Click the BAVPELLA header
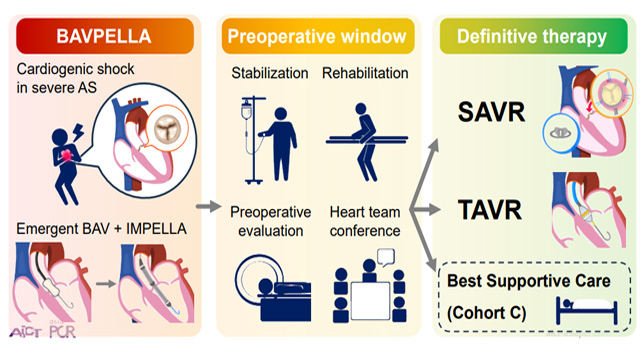click(x=105, y=36)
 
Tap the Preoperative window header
click(x=318, y=36)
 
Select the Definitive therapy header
click(x=533, y=36)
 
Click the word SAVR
click(x=491, y=112)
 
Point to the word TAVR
click(x=490, y=210)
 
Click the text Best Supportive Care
click(x=529, y=281)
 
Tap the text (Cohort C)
click(x=487, y=313)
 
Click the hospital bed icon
click(x=587, y=311)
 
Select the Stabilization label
click(x=270, y=73)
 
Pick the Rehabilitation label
click(x=365, y=73)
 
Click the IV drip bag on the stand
click(x=246, y=111)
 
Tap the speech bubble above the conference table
click(x=386, y=257)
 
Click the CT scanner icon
click(x=273, y=288)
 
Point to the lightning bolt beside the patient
click(x=77, y=132)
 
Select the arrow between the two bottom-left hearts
click(x=106, y=284)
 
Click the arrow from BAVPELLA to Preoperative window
click(x=209, y=206)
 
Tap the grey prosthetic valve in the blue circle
click(x=561, y=133)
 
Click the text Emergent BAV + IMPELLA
click(x=102, y=229)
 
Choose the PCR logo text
click(x=62, y=331)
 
